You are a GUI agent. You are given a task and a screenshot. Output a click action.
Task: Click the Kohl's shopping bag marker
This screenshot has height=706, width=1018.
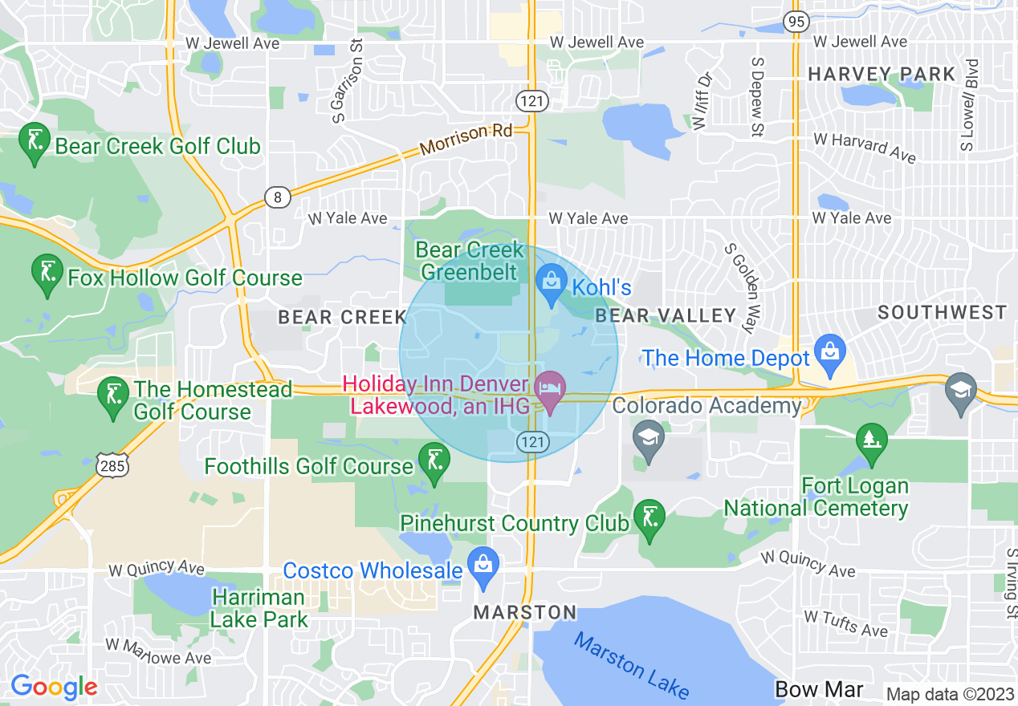[552, 283]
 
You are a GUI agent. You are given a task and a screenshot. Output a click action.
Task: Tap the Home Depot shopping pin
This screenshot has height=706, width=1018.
[827, 351]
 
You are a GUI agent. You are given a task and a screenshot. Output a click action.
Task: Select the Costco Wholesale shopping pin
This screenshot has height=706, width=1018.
[483, 565]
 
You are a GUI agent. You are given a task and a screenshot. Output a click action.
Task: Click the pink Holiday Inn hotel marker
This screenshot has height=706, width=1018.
[551, 389]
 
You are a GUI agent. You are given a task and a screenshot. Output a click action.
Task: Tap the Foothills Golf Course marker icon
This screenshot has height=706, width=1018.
[434, 461]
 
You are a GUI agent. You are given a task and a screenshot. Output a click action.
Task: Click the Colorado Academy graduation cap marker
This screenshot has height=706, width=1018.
[646, 438]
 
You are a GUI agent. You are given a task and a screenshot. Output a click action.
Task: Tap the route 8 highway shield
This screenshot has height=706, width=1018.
[278, 197]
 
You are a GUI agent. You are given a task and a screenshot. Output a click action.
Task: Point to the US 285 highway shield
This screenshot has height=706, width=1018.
[109, 464]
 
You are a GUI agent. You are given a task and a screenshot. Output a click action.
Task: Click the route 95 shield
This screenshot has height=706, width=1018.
[797, 22]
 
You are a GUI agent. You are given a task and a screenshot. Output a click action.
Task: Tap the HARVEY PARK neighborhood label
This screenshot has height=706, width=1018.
[882, 75]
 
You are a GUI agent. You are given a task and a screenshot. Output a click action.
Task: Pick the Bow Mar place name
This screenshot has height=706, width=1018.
[819, 689]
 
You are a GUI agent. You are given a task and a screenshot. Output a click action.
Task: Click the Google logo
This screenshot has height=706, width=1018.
[54, 688]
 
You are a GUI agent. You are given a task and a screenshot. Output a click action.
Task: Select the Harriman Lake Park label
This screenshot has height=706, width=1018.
[259, 608]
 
